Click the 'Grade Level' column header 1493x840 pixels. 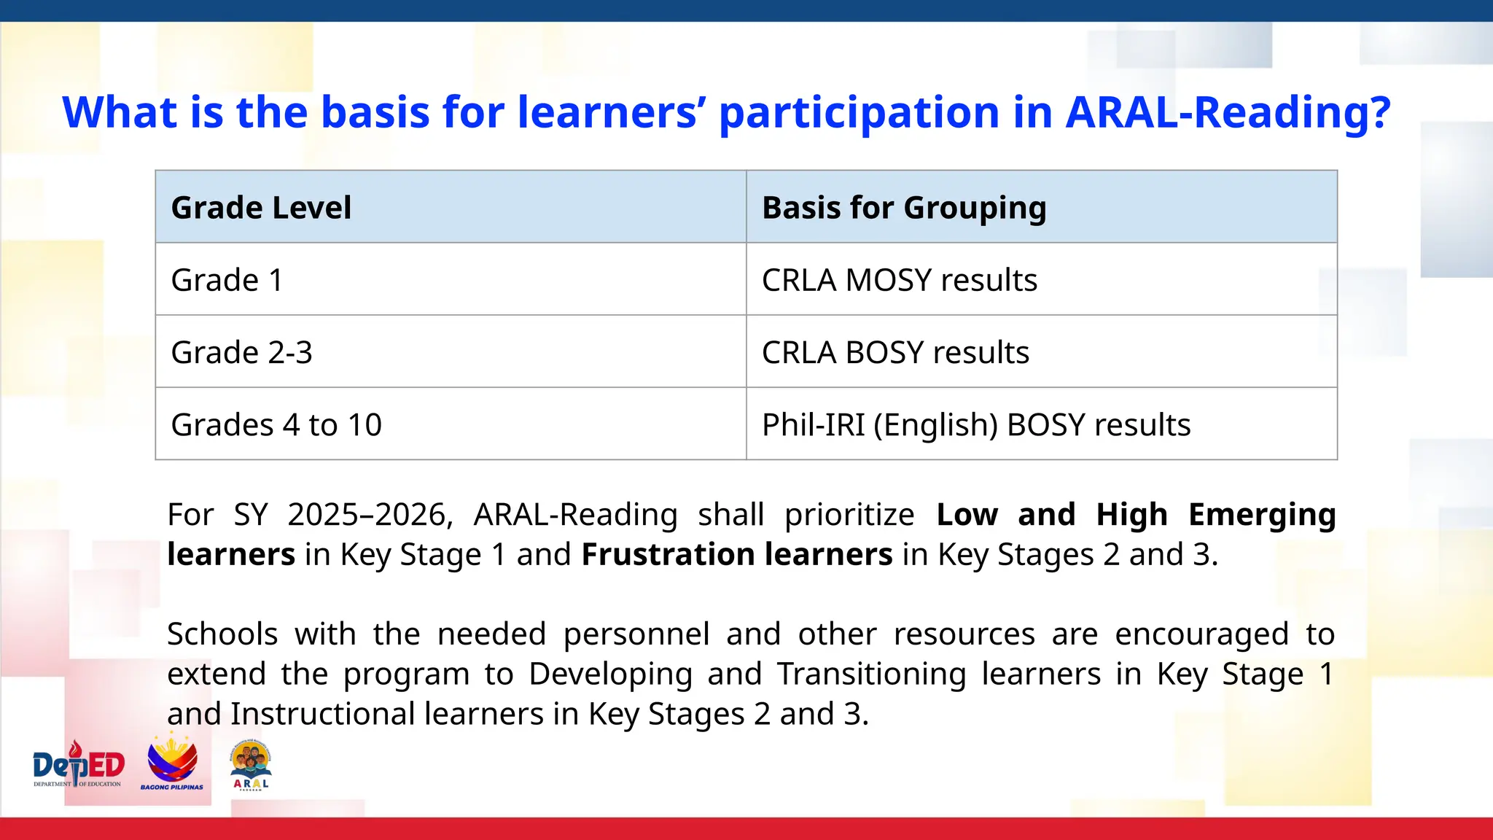(261, 208)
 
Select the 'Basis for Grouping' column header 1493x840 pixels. (904, 208)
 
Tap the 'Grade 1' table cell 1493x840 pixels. (227, 280)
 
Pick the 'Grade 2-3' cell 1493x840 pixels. (241, 352)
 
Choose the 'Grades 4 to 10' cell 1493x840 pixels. (276, 424)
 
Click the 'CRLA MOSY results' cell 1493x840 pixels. (899, 280)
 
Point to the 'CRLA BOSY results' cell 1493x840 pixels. (895, 352)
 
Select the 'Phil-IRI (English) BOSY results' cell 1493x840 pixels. (975, 424)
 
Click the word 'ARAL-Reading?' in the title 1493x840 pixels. (1228, 112)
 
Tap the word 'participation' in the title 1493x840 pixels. (859, 114)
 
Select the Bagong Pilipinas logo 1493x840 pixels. (172, 764)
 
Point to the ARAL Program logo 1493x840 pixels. (251, 766)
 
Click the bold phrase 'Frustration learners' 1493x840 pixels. (737, 554)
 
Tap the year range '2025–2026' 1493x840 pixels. (370, 515)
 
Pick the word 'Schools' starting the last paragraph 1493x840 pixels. (222, 634)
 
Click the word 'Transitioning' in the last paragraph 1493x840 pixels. (870, 674)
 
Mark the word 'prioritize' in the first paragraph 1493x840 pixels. (849, 515)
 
